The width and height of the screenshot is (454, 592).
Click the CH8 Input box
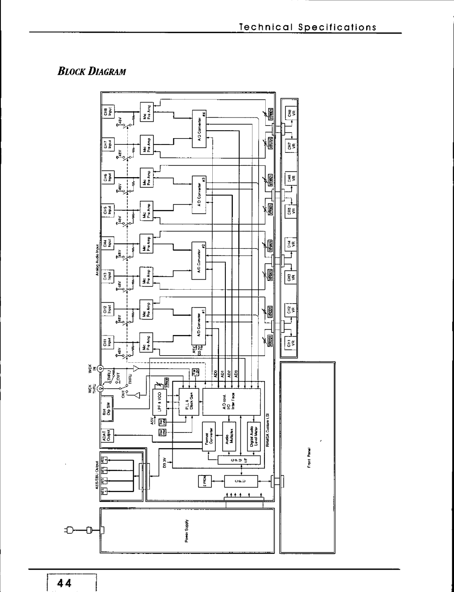coord(107,111)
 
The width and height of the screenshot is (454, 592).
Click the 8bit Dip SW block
coord(107,406)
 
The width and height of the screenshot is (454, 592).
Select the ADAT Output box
coord(107,437)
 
